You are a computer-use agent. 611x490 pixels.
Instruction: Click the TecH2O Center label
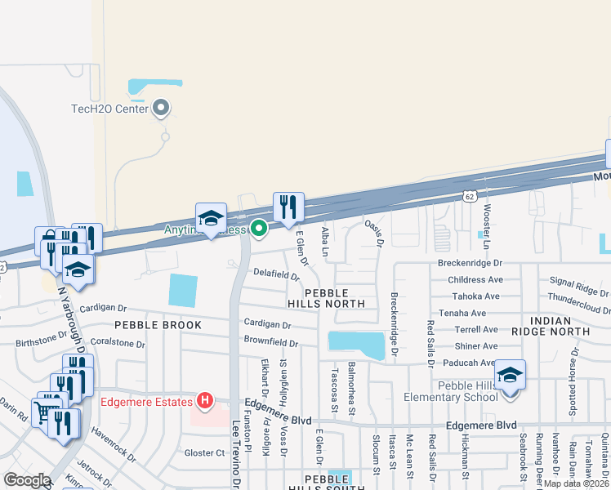click(109, 109)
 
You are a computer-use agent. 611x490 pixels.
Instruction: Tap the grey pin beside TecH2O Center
click(161, 108)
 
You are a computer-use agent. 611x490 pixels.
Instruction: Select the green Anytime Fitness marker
click(259, 228)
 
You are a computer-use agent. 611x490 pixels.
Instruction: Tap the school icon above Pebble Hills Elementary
click(511, 375)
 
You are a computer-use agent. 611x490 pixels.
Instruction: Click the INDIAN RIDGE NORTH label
click(550, 325)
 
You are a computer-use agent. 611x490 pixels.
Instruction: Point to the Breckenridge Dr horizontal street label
click(470, 264)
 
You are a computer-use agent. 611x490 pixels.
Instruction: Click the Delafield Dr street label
click(277, 274)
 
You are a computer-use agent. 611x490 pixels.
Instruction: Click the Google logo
click(27, 480)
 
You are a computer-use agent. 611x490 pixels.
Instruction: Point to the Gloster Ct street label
click(204, 453)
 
